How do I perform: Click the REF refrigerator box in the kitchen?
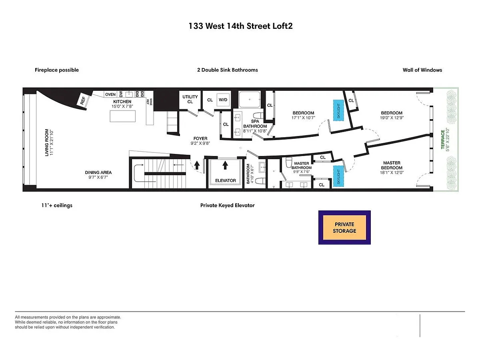click(83, 100)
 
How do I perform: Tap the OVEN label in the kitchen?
click(110, 94)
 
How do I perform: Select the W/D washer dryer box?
click(223, 100)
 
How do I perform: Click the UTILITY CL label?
click(190, 99)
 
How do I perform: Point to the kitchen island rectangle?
click(123, 116)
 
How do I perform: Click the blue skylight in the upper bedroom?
click(338, 110)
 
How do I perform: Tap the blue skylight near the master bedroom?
click(338, 176)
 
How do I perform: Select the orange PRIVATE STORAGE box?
click(344, 228)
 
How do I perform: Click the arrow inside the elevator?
click(225, 165)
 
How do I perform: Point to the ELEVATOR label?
click(226, 180)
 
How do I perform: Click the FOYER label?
click(200, 138)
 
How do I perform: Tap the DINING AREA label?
click(98, 172)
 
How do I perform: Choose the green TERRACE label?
click(443, 140)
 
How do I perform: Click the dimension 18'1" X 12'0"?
click(392, 173)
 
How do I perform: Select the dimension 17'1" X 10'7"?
click(303, 118)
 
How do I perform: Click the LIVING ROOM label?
click(47, 142)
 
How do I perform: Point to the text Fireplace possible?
click(57, 70)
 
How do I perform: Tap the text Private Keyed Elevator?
click(228, 206)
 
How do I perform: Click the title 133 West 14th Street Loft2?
click(240, 26)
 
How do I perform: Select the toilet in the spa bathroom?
click(258, 116)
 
